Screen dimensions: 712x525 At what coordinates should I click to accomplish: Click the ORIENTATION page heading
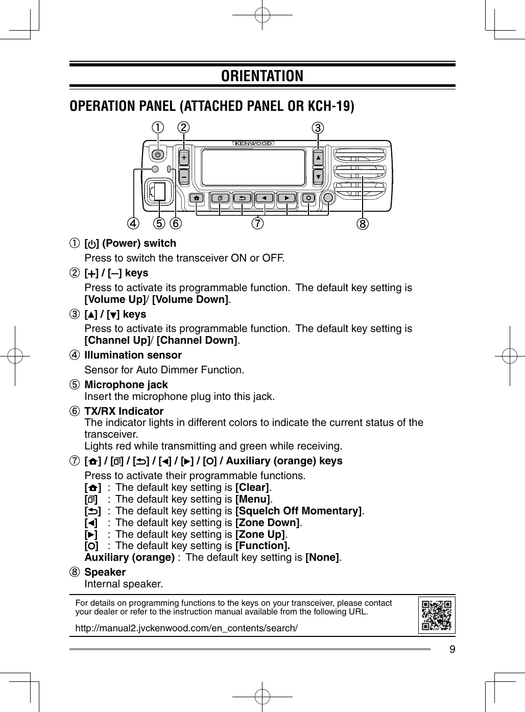click(x=262, y=76)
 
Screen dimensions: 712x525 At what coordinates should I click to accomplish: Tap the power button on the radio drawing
click(x=158, y=154)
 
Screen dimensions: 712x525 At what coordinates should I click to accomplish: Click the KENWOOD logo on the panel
click(x=254, y=144)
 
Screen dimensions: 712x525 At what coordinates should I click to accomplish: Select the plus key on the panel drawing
click(x=184, y=157)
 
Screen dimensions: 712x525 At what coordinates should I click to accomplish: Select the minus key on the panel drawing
click(x=184, y=176)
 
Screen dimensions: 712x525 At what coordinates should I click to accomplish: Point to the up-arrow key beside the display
click(x=318, y=158)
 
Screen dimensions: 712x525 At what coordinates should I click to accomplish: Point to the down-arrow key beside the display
click(x=318, y=177)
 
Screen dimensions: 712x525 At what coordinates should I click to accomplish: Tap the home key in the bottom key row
click(x=197, y=198)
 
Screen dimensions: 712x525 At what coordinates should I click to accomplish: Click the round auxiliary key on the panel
click(x=328, y=198)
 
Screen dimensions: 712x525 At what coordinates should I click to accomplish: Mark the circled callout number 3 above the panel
click(x=318, y=127)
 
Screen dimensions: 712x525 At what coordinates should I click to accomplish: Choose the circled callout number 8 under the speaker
click(x=363, y=223)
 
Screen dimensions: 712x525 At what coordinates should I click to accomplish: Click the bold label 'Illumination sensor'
click(x=133, y=355)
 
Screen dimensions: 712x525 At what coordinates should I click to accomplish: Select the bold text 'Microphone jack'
click(x=126, y=385)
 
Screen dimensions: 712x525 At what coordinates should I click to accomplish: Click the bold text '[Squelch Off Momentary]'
click(x=298, y=511)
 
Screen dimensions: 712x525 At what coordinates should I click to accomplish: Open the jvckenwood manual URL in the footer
click(x=186, y=628)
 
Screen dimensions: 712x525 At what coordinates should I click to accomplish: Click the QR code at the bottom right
click(x=437, y=615)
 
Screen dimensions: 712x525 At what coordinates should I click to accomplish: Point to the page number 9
click(x=452, y=650)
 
